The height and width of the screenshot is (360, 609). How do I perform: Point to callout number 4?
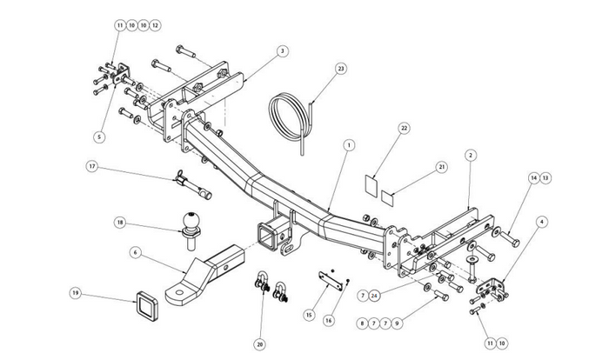(x=543, y=222)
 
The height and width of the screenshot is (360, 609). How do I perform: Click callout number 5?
(x=99, y=137)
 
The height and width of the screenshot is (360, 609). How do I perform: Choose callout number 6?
(x=136, y=252)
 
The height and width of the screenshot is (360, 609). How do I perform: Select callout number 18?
(x=121, y=222)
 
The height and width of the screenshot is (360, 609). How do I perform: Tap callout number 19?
(x=76, y=293)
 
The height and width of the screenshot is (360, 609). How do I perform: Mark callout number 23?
(x=341, y=68)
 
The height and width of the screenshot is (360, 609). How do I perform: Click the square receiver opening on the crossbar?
(x=265, y=232)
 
